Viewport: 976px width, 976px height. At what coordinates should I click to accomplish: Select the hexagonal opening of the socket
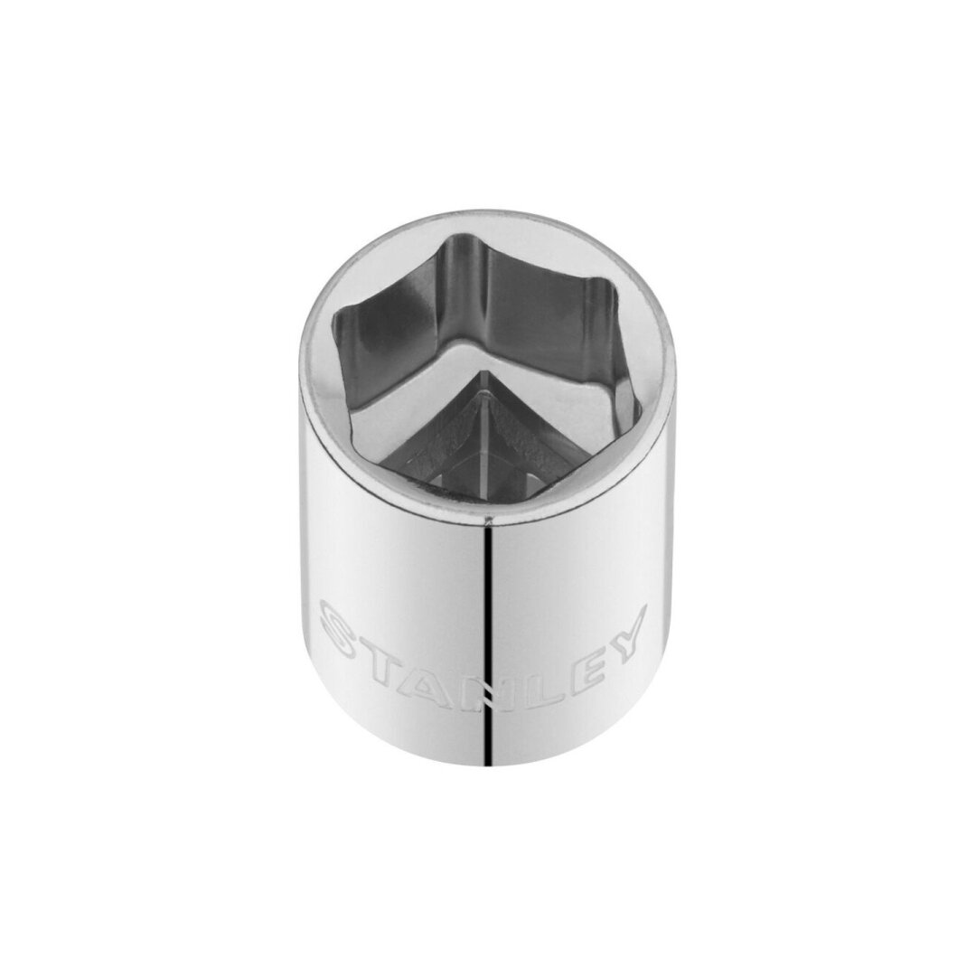tap(488, 380)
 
